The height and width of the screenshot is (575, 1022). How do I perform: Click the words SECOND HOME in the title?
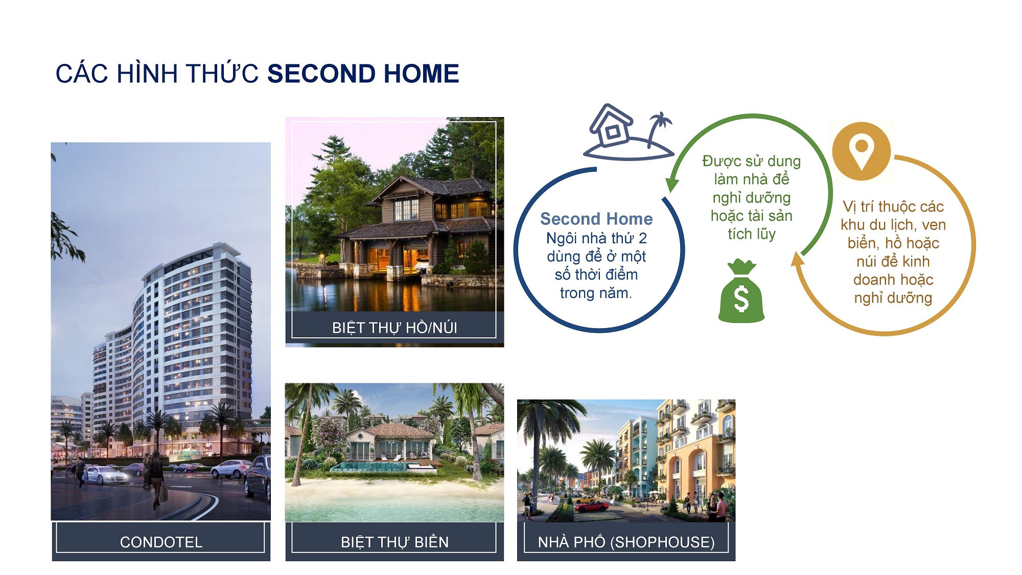(x=363, y=74)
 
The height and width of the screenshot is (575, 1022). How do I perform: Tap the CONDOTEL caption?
(x=161, y=542)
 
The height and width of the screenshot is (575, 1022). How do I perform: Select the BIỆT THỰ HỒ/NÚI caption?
(x=394, y=327)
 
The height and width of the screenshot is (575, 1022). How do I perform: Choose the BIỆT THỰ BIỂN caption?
(x=394, y=542)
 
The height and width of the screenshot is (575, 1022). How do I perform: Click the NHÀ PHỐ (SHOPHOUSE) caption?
(x=626, y=542)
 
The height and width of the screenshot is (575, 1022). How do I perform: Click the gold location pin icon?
(x=862, y=151)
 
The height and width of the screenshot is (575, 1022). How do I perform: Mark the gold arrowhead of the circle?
(x=797, y=259)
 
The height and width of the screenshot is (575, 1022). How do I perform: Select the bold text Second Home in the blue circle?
(x=596, y=219)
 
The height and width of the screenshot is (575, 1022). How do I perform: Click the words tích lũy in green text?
(x=752, y=234)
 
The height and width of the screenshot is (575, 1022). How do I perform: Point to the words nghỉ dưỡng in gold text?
(x=893, y=298)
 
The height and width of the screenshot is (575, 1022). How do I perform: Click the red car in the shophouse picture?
(x=591, y=506)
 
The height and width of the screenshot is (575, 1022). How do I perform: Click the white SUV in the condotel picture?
(x=231, y=469)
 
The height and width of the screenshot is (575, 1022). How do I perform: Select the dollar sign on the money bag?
(x=741, y=298)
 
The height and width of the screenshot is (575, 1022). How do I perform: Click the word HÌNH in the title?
(x=146, y=74)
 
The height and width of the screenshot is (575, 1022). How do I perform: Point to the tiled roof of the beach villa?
(x=393, y=431)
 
